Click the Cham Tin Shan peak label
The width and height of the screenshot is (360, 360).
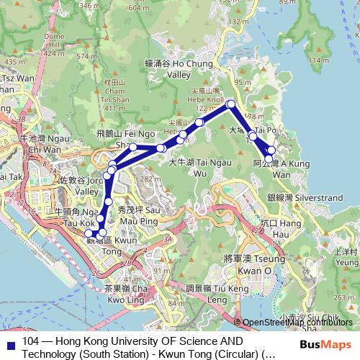(114, 91)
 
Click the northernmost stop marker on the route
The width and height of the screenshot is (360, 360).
(232, 104)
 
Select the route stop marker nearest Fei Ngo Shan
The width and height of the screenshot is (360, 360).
(133, 147)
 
